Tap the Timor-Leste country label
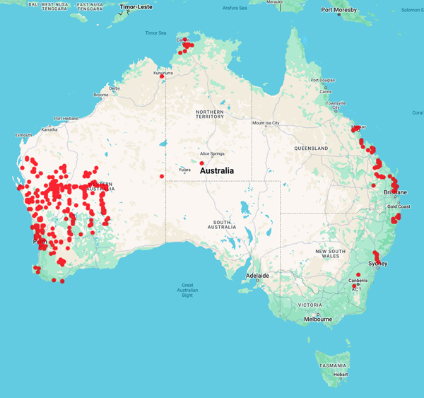click(x=138, y=9)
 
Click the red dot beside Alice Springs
click(x=202, y=163)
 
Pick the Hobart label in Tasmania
click(x=341, y=374)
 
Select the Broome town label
click(x=101, y=95)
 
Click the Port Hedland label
click(x=66, y=118)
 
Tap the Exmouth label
click(x=23, y=134)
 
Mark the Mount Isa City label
click(x=266, y=123)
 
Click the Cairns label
click(x=326, y=92)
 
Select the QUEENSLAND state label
click(x=312, y=148)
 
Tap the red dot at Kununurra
click(x=162, y=76)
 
